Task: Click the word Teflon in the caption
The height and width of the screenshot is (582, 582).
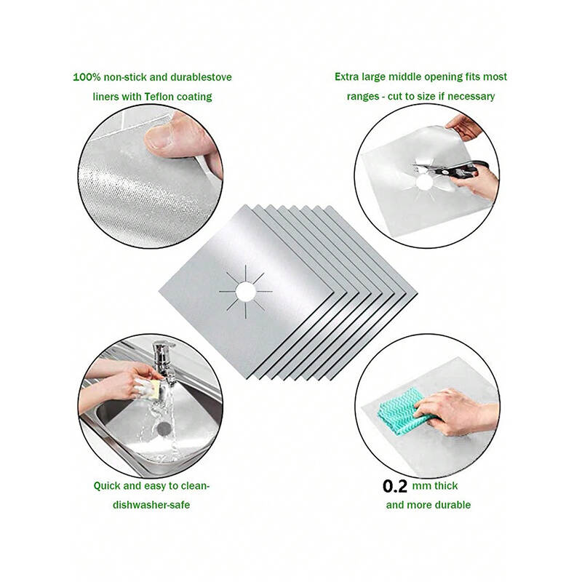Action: [x=159, y=97]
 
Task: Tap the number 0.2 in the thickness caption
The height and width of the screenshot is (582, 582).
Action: [x=394, y=486]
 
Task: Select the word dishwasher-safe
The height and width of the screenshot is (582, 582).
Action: [x=151, y=505]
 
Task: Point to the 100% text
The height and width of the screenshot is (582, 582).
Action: [x=87, y=77]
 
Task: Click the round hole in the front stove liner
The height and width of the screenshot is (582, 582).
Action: [x=245, y=292]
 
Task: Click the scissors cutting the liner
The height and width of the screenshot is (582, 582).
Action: [x=450, y=169]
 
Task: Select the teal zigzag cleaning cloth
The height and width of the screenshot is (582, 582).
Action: [x=402, y=411]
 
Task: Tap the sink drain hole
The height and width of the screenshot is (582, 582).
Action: [x=164, y=428]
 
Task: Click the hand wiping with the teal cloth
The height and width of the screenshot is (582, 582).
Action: [x=456, y=411]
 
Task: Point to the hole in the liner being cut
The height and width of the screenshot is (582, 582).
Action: [x=423, y=183]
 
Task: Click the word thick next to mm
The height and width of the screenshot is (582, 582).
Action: [x=446, y=486]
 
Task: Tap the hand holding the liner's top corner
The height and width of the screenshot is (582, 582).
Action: [x=463, y=127]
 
